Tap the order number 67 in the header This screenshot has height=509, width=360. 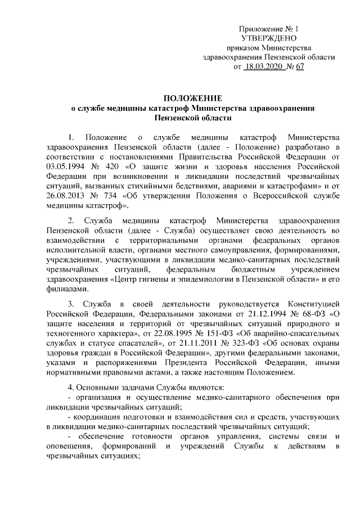tap(299, 67)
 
